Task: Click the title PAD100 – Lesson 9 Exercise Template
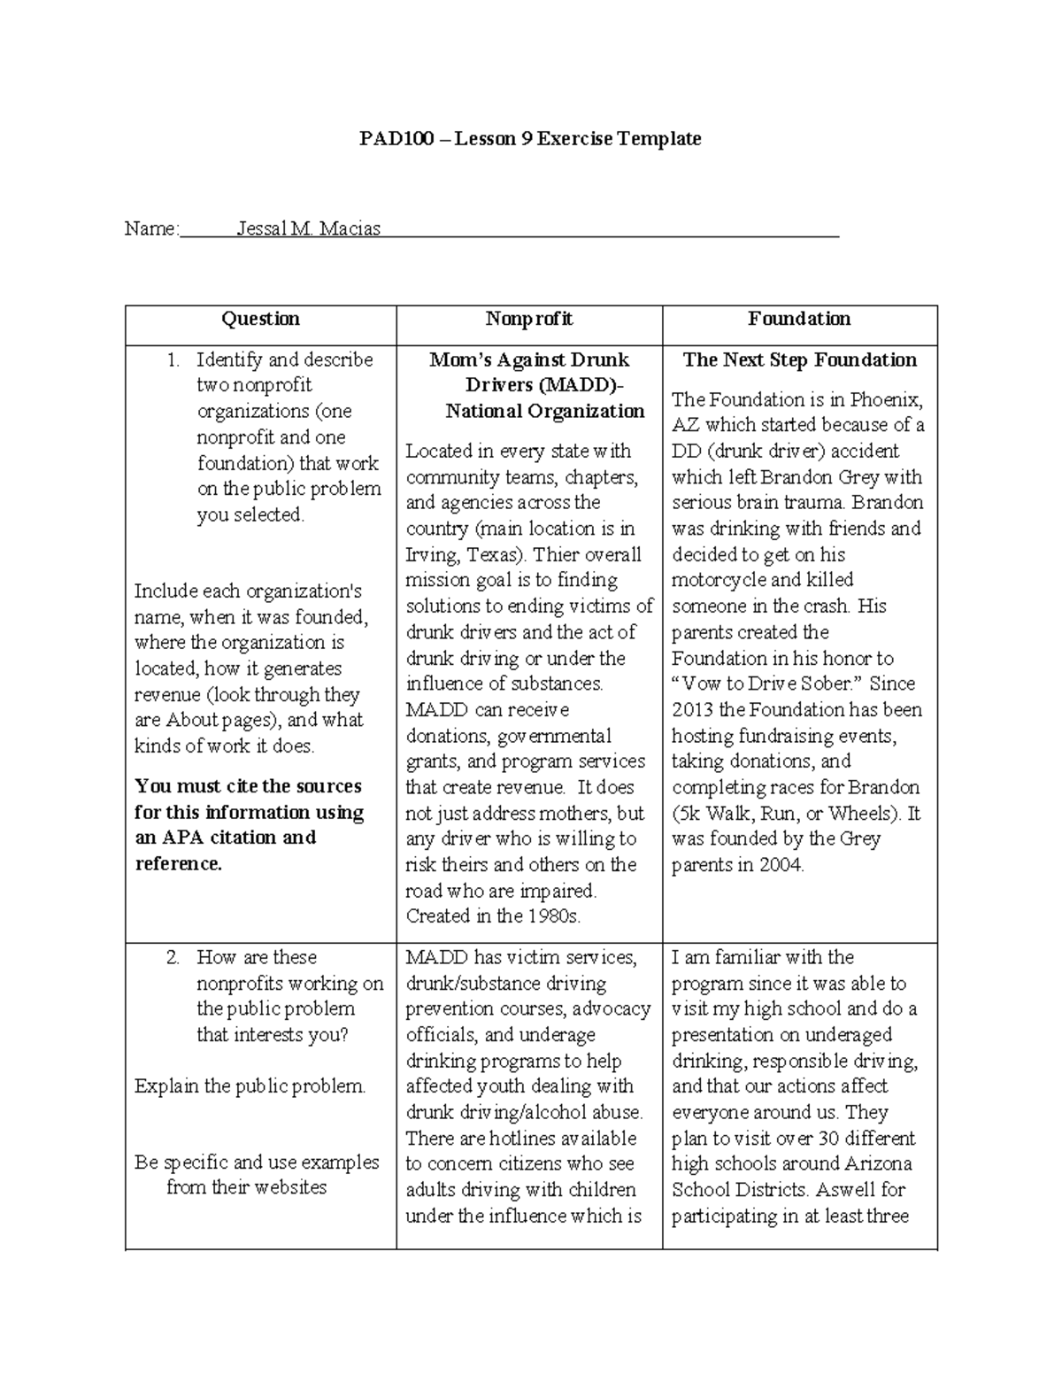(x=529, y=139)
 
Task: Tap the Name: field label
(x=151, y=228)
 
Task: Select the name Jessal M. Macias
(x=309, y=228)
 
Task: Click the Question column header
(x=260, y=319)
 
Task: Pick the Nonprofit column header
(x=529, y=319)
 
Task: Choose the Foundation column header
(x=799, y=319)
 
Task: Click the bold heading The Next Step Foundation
(x=799, y=359)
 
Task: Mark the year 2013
(x=692, y=710)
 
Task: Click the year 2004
(x=780, y=865)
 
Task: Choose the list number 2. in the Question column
(x=173, y=957)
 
